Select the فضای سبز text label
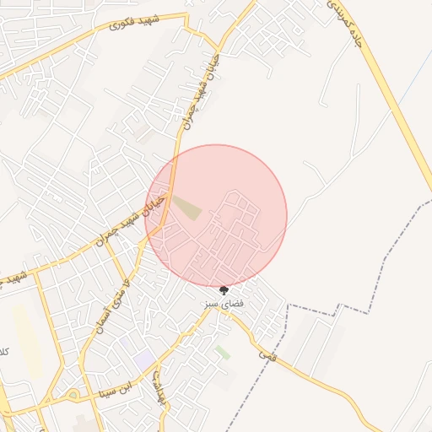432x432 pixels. [224, 302]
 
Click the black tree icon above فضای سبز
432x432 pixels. [224, 290]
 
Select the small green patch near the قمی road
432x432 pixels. [222, 351]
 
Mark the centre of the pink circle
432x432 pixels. [216, 216]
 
